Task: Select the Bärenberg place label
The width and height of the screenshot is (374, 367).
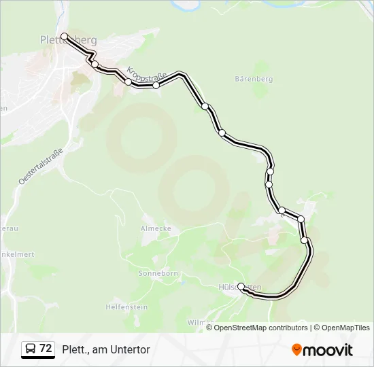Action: tap(253, 79)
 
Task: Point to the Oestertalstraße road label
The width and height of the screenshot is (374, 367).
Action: tap(41, 166)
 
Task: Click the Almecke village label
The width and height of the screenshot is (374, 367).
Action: tap(156, 228)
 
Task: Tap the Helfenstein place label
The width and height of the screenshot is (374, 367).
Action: tap(126, 307)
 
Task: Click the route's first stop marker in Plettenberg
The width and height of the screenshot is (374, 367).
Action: tap(64, 36)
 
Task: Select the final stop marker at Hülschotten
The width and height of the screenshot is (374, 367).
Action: tap(241, 287)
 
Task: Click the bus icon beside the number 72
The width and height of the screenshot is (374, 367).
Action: tap(31, 349)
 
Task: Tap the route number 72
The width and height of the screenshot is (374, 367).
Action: tap(46, 349)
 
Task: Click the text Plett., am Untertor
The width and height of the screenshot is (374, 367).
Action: tap(105, 349)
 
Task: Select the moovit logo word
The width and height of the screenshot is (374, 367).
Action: tap(328, 350)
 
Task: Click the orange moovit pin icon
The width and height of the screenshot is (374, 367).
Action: tap(296, 349)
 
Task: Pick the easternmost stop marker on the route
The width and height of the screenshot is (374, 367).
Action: tap(305, 240)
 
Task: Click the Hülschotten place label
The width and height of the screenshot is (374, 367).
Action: tap(239, 288)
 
